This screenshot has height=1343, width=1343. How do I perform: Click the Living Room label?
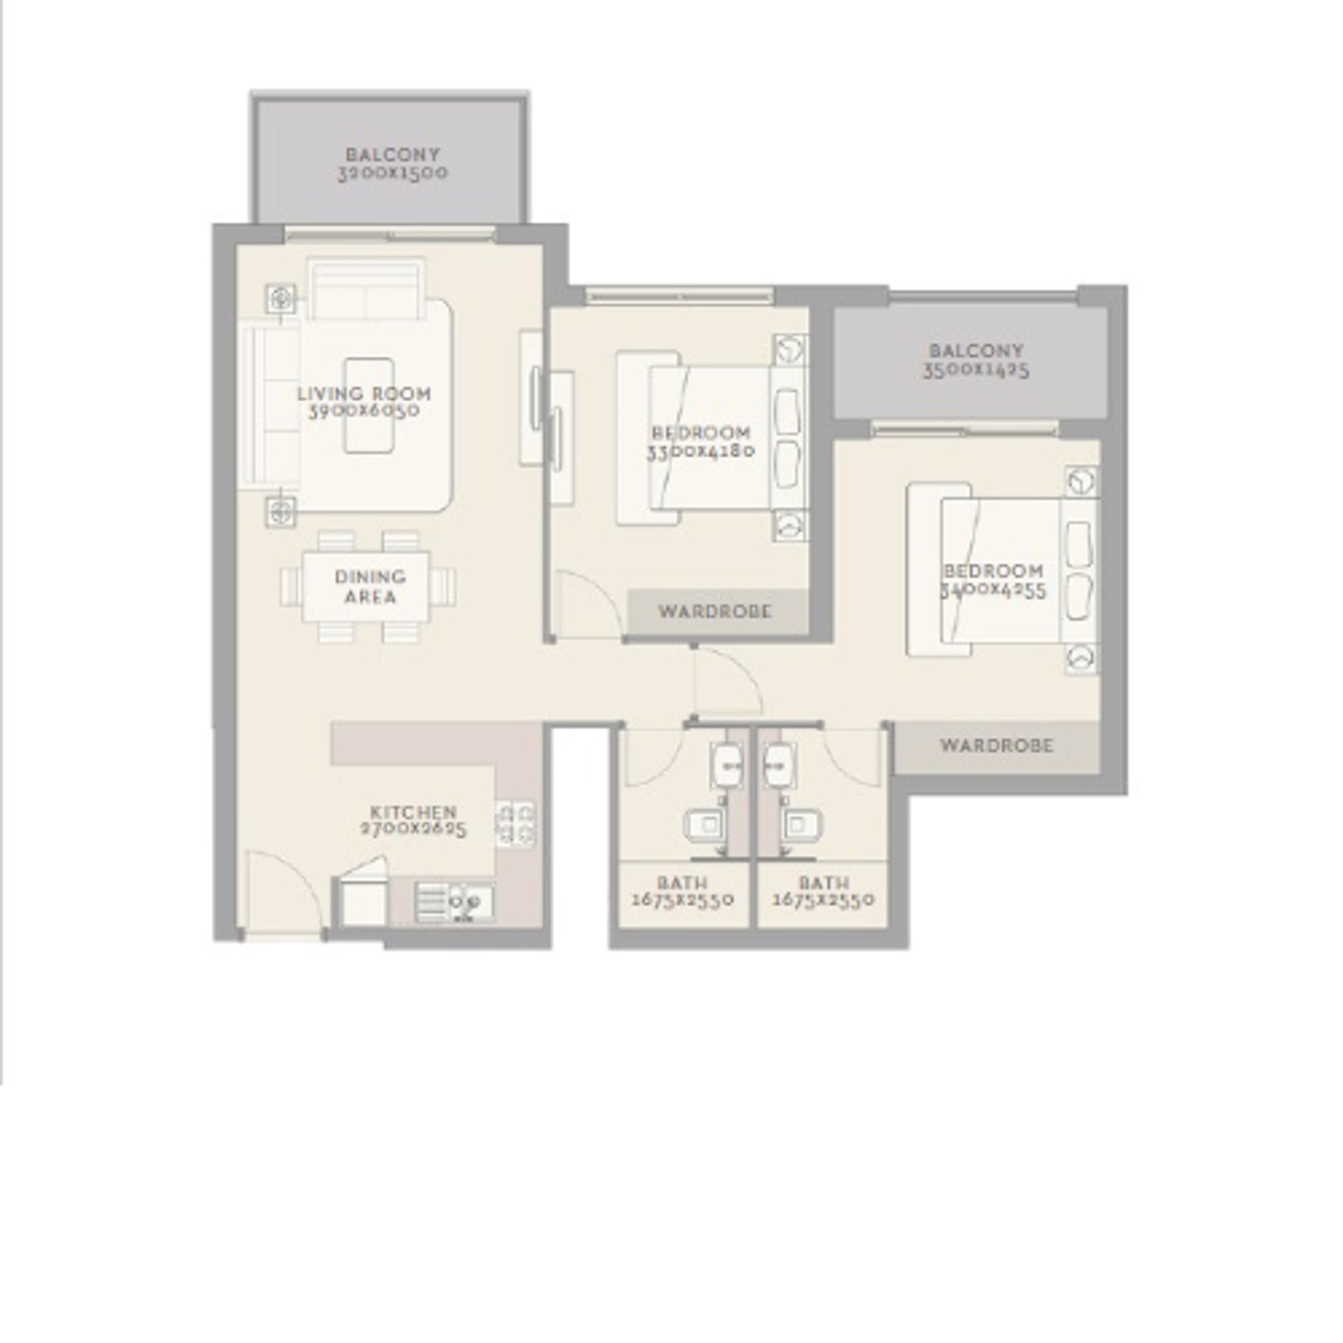pos(364,393)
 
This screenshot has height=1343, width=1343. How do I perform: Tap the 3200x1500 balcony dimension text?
pos(393,173)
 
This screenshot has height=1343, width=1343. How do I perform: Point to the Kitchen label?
pos(414,812)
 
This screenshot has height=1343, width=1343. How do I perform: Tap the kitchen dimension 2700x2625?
pos(414,829)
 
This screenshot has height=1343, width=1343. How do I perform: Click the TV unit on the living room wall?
pos(532,398)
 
